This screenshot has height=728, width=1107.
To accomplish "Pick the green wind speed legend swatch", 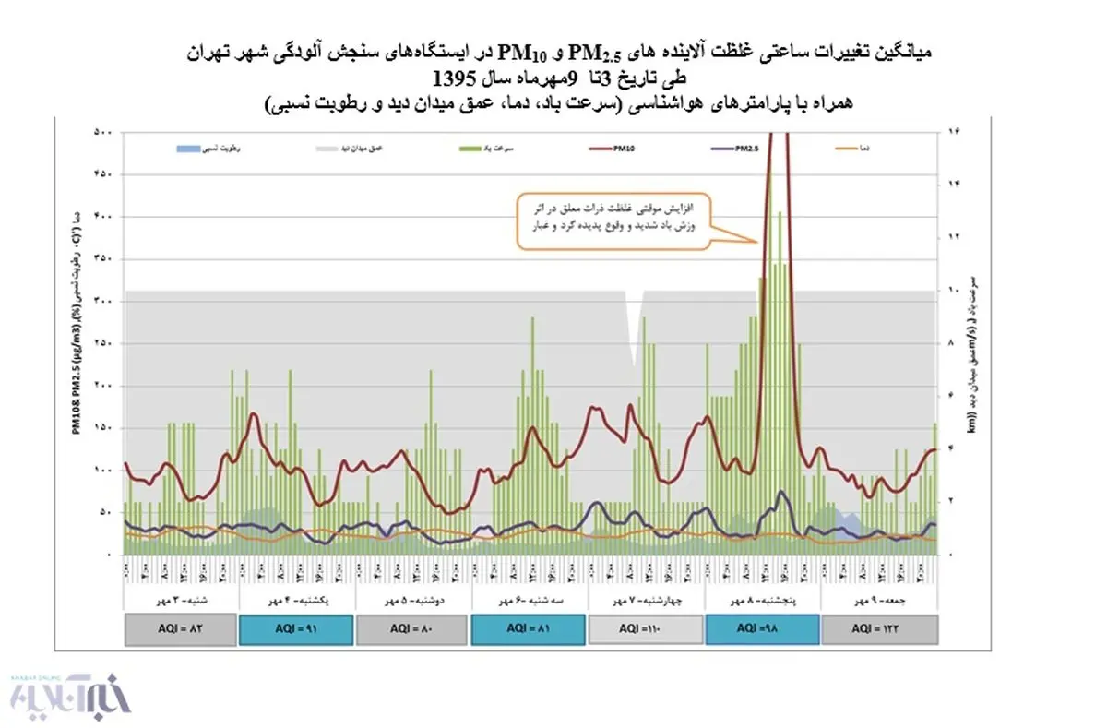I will (x=472, y=147).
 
